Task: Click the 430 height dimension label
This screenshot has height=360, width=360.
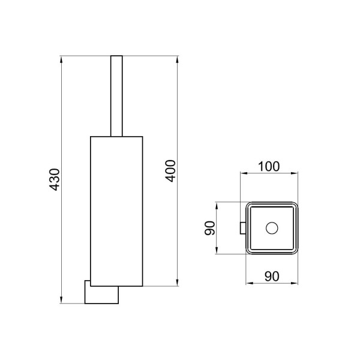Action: point(55,179)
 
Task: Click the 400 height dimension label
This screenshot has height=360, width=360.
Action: point(170,171)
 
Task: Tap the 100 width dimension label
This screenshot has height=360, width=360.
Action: point(269,167)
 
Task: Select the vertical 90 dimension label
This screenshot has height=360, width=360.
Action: point(210,228)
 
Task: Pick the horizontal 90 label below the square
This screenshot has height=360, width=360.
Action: point(272,276)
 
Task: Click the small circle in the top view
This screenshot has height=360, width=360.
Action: point(272,228)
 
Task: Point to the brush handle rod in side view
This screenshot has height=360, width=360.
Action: point(116,96)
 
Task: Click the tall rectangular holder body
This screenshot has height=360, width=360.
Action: point(116,211)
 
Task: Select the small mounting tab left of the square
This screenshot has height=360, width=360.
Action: point(243,228)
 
